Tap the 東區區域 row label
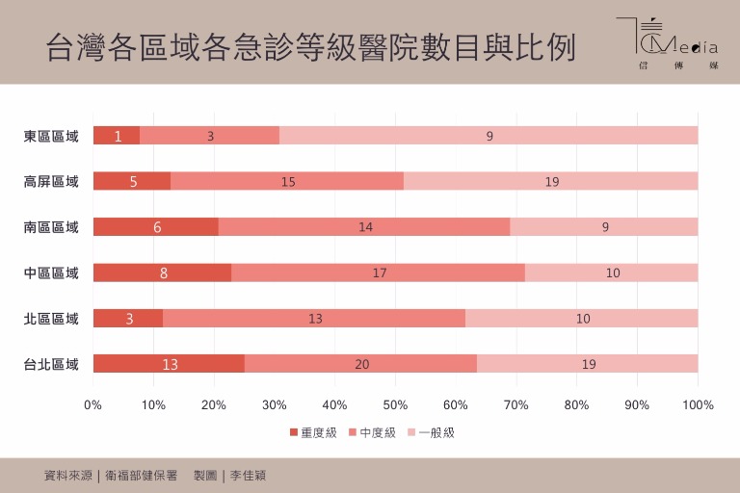coord(51,136)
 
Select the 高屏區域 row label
coord(51,181)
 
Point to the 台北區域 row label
coord(51,364)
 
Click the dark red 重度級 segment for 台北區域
coord(169,364)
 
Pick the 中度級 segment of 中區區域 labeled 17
coord(379,272)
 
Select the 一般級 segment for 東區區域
coord(489,136)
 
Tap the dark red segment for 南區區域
coord(156,227)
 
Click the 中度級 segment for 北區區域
coord(314,319)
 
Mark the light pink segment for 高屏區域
coord(551,181)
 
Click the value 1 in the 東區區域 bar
coord(118,136)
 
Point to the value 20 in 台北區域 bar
coord(361,364)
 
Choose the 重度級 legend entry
coord(314,432)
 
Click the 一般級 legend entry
coord(431,432)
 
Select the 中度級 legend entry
coord(372,432)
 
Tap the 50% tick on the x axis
coord(396,404)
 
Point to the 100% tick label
coord(698,404)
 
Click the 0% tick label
coord(93,404)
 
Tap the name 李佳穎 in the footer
coord(248,475)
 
